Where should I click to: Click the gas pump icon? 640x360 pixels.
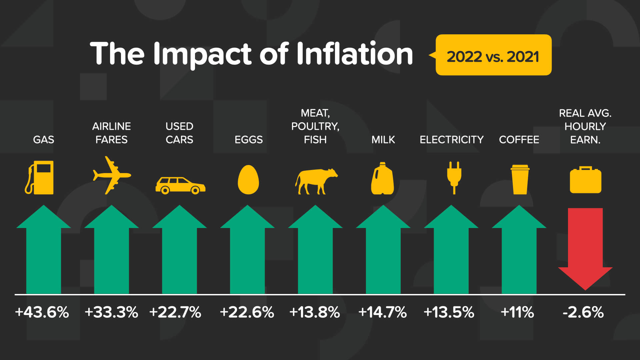40,178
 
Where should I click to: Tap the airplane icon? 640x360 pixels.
111,175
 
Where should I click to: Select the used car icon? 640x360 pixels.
180,185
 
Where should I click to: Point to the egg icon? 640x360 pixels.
248,180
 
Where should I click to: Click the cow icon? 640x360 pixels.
315,181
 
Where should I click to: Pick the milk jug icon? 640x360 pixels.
383,179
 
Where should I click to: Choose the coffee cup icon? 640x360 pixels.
520,179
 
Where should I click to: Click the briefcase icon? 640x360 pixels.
585,180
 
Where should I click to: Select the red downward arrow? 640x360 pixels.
585,247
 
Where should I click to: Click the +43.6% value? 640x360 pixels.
42,313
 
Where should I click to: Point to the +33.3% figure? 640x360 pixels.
111,313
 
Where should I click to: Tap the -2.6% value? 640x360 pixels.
583,313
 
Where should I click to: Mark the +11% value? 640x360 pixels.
517,313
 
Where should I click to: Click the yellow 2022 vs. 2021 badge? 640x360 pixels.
493,55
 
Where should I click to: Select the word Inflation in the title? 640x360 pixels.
354,54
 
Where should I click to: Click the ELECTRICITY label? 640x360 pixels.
451,140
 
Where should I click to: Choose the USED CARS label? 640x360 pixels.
179,133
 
